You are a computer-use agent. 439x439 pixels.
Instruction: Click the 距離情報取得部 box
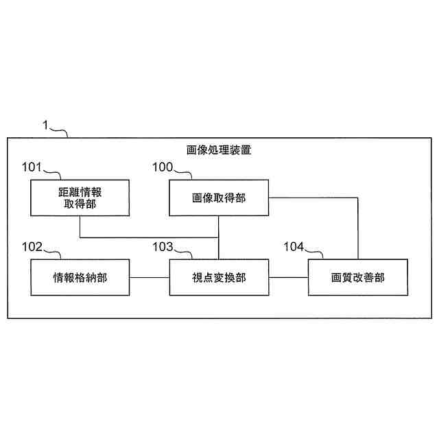coord(80,198)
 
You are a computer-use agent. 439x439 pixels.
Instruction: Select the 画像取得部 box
coord(218,198)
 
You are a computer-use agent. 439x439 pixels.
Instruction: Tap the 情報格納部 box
coord(80,277)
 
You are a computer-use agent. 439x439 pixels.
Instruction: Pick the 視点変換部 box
coord(218,277)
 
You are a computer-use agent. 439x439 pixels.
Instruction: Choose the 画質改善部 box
coord(357,277)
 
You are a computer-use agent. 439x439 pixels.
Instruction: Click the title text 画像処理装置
coord(219,149)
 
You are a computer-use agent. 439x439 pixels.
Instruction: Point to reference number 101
coord(32,167)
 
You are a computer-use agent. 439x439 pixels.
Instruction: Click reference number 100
coord(163,167)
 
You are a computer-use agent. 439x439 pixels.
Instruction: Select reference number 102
coord(32,246)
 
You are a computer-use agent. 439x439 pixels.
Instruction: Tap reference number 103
coord(163,246)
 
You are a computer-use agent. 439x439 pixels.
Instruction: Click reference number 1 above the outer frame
coord(45,125)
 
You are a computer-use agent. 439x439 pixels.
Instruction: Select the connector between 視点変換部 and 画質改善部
coord(287,277)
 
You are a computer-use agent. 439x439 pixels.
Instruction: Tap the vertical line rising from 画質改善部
coord(357,230)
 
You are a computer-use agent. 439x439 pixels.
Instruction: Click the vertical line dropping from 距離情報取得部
coord(80,227)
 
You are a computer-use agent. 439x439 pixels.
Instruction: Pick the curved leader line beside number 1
coord(60,130)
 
